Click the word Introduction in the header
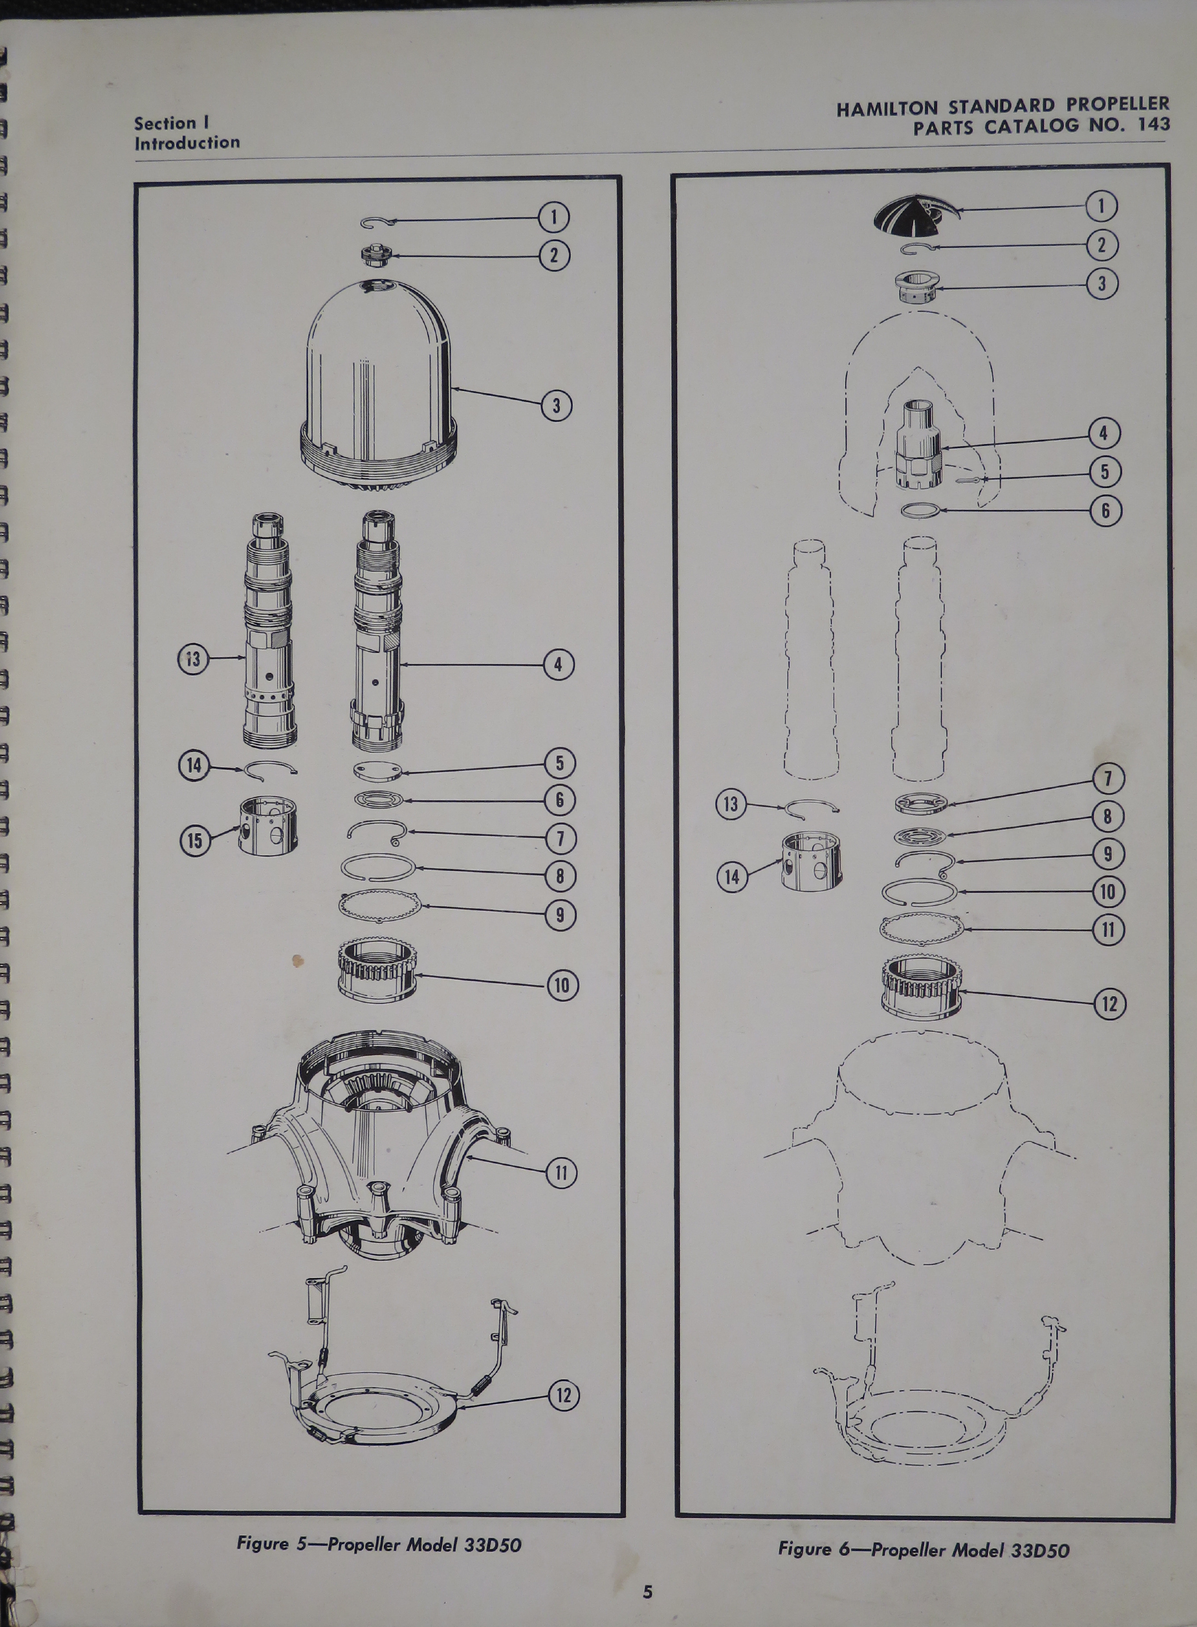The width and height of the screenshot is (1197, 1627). pos(187,143)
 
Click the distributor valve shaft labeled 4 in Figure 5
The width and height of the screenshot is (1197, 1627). pos(377,630)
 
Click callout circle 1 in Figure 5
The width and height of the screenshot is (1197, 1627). pos(554,217)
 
